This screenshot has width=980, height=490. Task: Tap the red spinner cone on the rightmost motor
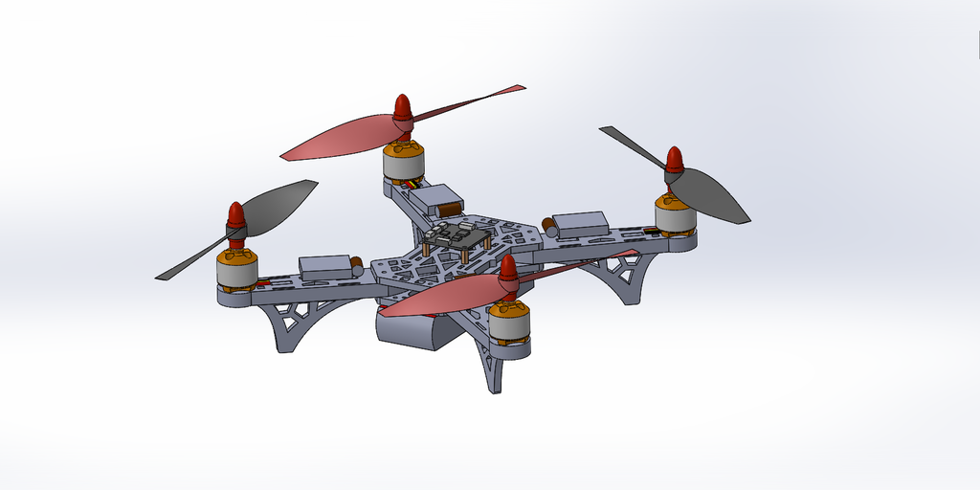point(675,162)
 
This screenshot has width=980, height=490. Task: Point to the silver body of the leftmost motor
point(236,274)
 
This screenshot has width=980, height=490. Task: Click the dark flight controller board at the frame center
point(457,236)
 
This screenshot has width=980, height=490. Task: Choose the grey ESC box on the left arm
point(325,267)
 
